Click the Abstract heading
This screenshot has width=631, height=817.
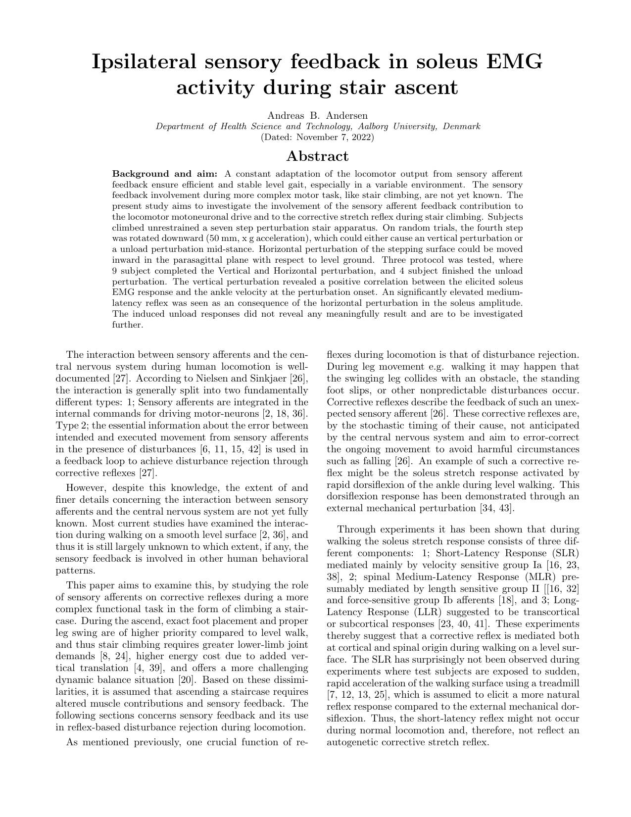pyautogui.click(x=317, y=156)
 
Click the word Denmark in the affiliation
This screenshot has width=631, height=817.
pyautogui.click(x=462, y=126)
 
